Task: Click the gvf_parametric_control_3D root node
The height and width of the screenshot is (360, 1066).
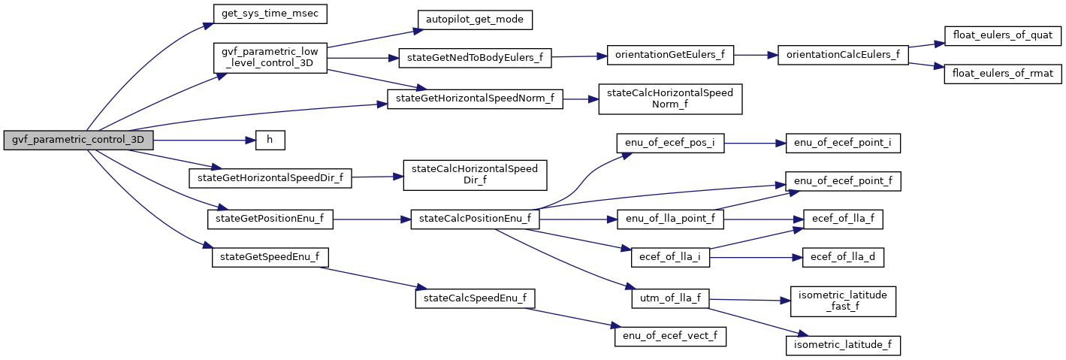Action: (79, 141)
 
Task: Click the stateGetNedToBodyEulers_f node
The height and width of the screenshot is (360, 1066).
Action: (475, 57)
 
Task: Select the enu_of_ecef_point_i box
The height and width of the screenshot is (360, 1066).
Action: (842, 143)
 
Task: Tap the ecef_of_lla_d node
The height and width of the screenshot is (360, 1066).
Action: (842, 257)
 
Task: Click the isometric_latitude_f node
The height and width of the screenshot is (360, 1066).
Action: (842, 345)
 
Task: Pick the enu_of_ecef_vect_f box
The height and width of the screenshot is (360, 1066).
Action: (670, 336)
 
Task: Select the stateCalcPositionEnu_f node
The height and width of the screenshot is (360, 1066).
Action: (475, 219)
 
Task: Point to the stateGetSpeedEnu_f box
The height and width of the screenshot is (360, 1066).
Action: (270, 257)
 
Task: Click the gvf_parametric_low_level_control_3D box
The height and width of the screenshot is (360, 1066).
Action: (270, 58)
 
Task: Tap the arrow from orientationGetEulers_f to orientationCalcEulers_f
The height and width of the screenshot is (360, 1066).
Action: (756, 56)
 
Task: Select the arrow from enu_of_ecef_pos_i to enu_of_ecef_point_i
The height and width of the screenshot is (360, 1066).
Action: (754, 143)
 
